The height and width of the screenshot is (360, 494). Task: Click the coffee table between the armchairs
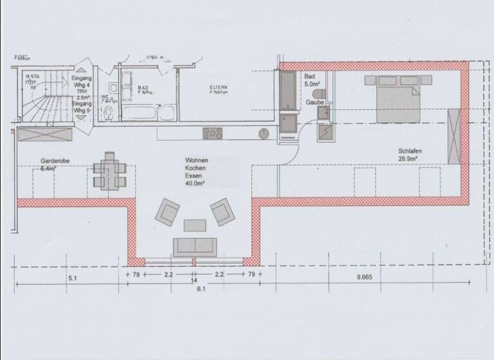[195, 225]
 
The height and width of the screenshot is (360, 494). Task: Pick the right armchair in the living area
[222, 211]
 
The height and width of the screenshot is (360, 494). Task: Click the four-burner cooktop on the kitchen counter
[213, 134]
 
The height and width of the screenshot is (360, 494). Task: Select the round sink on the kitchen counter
[263, 134]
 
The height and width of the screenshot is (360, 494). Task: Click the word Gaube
[315, 102]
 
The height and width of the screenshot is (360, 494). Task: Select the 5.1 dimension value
[72, 278]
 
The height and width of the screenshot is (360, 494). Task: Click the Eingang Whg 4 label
[82, 80]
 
